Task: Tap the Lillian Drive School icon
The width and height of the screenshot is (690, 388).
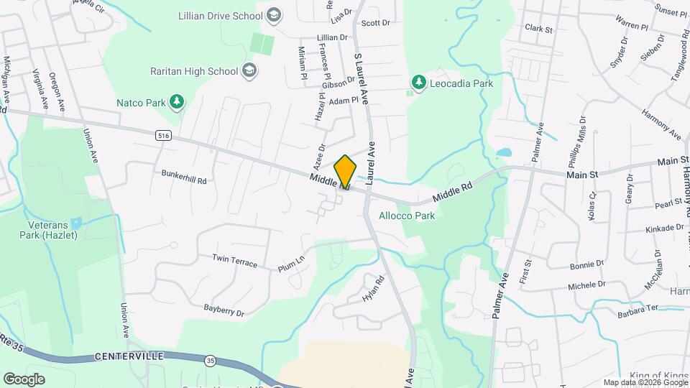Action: [x=272, y=14]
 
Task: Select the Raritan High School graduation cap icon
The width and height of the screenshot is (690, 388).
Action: [x=249, y=70]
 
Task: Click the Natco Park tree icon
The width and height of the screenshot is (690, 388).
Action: [x=176, y=102]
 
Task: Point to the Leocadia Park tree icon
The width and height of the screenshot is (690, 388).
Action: [x=418, y=83]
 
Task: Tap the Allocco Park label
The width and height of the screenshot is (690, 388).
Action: [x=407, y=215]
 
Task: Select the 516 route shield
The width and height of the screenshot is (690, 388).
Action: [x=162, y=134]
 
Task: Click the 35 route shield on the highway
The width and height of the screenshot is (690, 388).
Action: [x=210, y=360]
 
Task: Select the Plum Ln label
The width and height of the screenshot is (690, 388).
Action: [x=292, y=264]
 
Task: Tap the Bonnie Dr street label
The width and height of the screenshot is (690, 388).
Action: [x=586, y=264]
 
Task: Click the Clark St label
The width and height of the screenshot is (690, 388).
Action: [x=538, y=29]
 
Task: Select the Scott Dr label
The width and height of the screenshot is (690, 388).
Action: [x=375, y=23]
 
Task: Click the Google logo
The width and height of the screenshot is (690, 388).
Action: [x=24, y=379]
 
